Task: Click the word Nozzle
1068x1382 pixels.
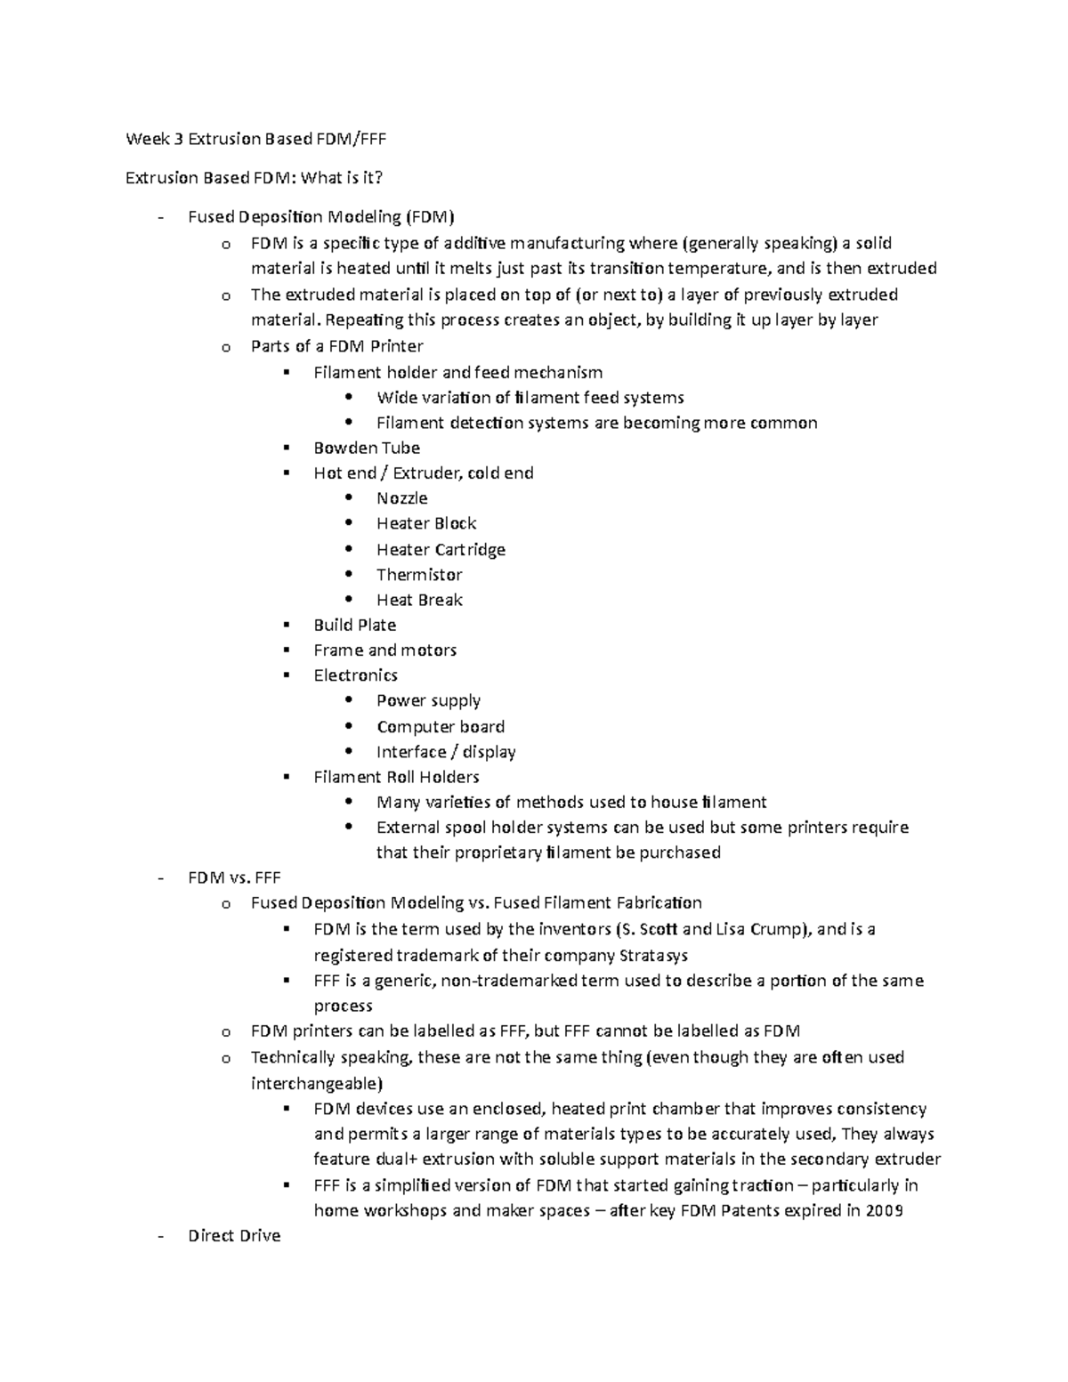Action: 401,498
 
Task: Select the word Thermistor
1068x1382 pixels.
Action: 419,575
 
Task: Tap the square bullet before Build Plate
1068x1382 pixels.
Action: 286,625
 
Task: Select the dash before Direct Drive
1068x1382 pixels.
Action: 160,1236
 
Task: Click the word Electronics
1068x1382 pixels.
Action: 355,675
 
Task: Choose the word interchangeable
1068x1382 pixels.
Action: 317,1084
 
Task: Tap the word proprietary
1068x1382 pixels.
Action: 498,853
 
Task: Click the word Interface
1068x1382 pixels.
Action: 410,752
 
